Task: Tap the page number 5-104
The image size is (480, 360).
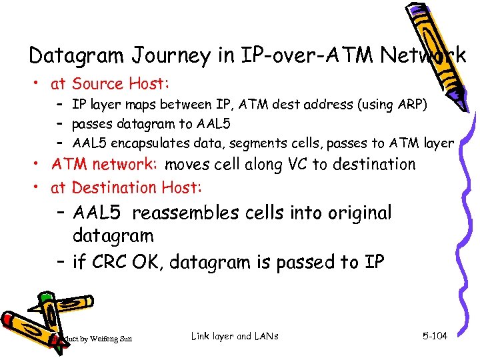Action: click(435, 336)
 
